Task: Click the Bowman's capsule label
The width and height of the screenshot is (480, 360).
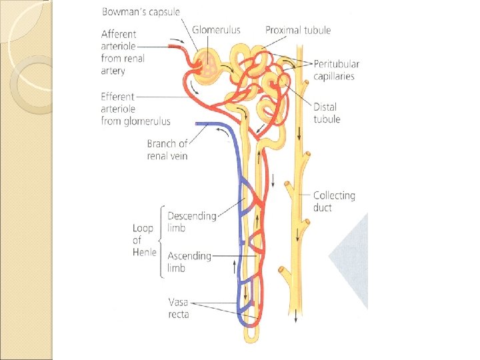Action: tap(141, 12)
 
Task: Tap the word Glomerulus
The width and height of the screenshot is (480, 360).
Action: tap(216, 30)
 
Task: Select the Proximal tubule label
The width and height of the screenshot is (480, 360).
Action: tap(297, 30)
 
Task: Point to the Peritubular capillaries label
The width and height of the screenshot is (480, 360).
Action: tap(337, 70)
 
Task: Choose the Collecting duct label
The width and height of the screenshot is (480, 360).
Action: tap(334, 201)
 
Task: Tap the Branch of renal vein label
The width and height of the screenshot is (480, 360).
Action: tap(167, 149)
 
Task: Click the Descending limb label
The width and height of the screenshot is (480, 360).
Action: tap(191, 222)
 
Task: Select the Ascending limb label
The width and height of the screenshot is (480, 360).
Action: tap(189, 262)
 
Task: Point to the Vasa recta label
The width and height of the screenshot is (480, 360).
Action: tap(178, 308)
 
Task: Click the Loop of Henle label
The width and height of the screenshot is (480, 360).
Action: tap(144, 240)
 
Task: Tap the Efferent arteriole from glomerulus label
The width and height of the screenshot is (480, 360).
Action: tap(135, 108)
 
